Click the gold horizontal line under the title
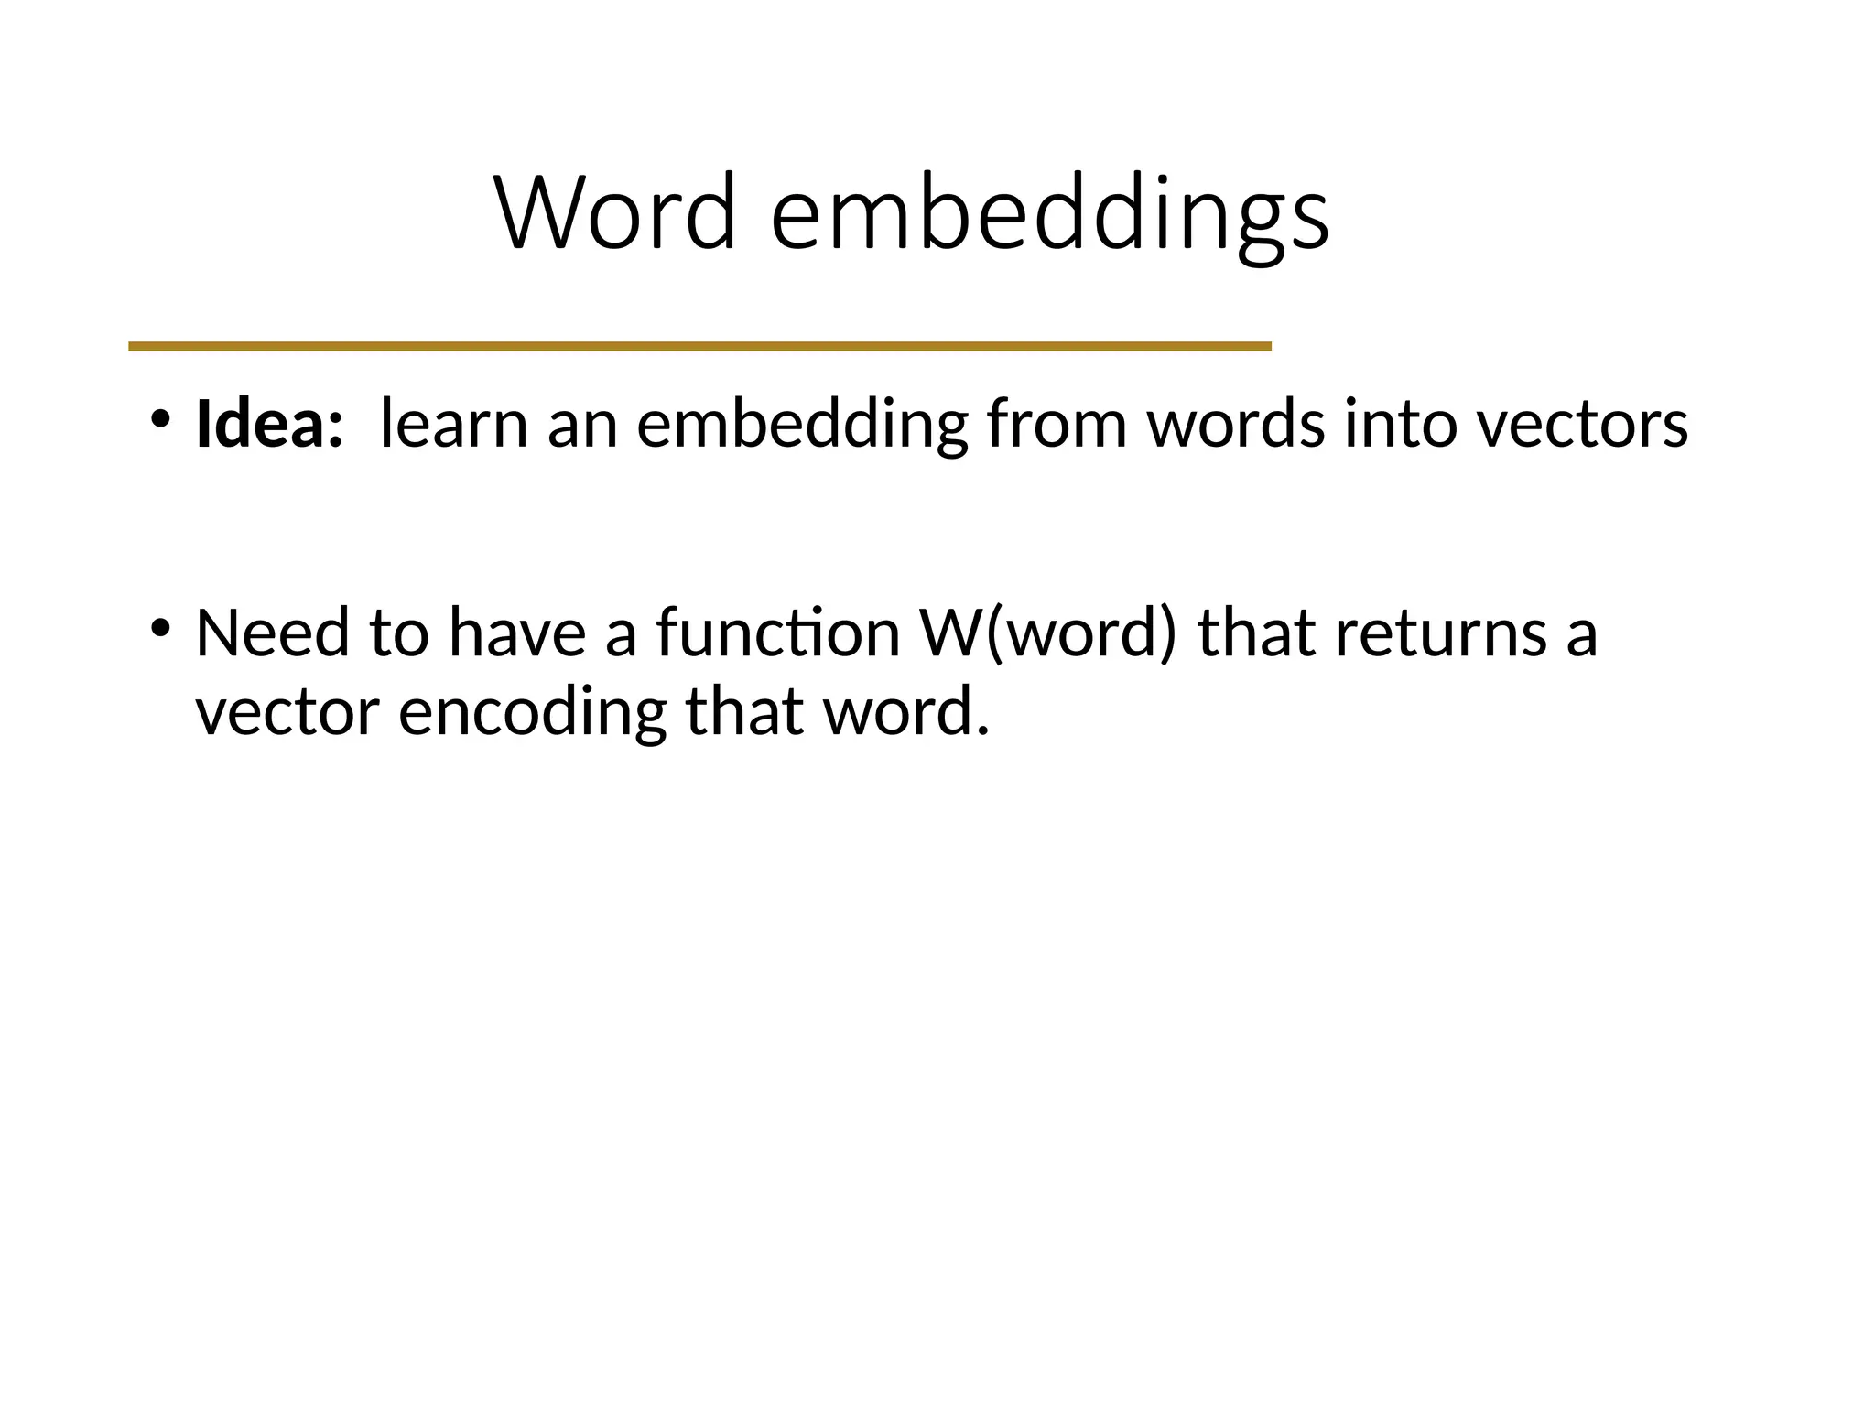[699, 346]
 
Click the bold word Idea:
[269, 424]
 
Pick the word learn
[453, 424]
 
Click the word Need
[272, 633]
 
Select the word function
[778, 633]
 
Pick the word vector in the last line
[287, 713]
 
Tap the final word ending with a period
[906, 713]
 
